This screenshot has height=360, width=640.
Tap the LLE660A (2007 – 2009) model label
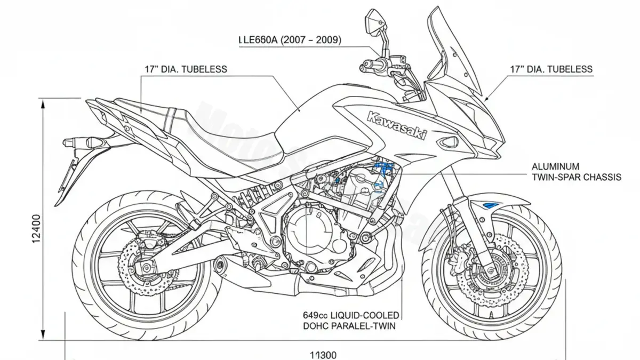pos(290,40)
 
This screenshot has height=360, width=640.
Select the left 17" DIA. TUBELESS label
pos(186,69)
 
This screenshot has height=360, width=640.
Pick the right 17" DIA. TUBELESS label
pos(551,69)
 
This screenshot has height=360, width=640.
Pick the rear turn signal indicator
pos(75,143)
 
